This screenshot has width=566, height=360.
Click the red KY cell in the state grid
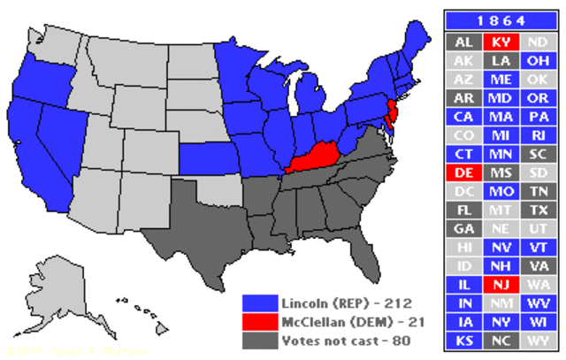[x=500, y=42]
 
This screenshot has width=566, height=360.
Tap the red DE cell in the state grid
[x=463, y=172]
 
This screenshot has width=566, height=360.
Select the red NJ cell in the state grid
[x=500, y=284]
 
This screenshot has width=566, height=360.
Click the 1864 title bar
[x=500, y=19]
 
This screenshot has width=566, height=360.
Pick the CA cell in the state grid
[x=463, y=117]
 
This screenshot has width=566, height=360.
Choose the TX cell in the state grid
[x=537, y=210]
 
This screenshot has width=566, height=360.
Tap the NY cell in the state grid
[x=500, y=321]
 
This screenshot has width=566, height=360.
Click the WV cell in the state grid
[x=537, y=303]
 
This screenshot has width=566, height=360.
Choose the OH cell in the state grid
[x=537, y=60]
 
